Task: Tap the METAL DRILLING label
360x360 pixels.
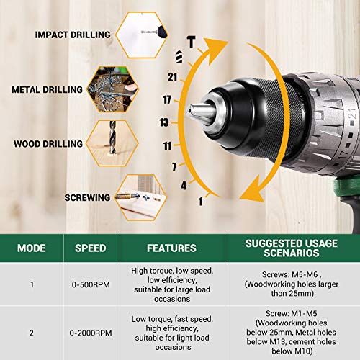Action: coord(47,90)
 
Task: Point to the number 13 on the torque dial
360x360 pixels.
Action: coord(165,122)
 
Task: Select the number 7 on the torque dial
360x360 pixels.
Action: coord(174,166)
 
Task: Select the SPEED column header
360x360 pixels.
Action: coord(91,248)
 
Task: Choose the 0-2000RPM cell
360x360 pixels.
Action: coord(91,333)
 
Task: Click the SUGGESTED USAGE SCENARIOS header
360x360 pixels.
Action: coord(292,248)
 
